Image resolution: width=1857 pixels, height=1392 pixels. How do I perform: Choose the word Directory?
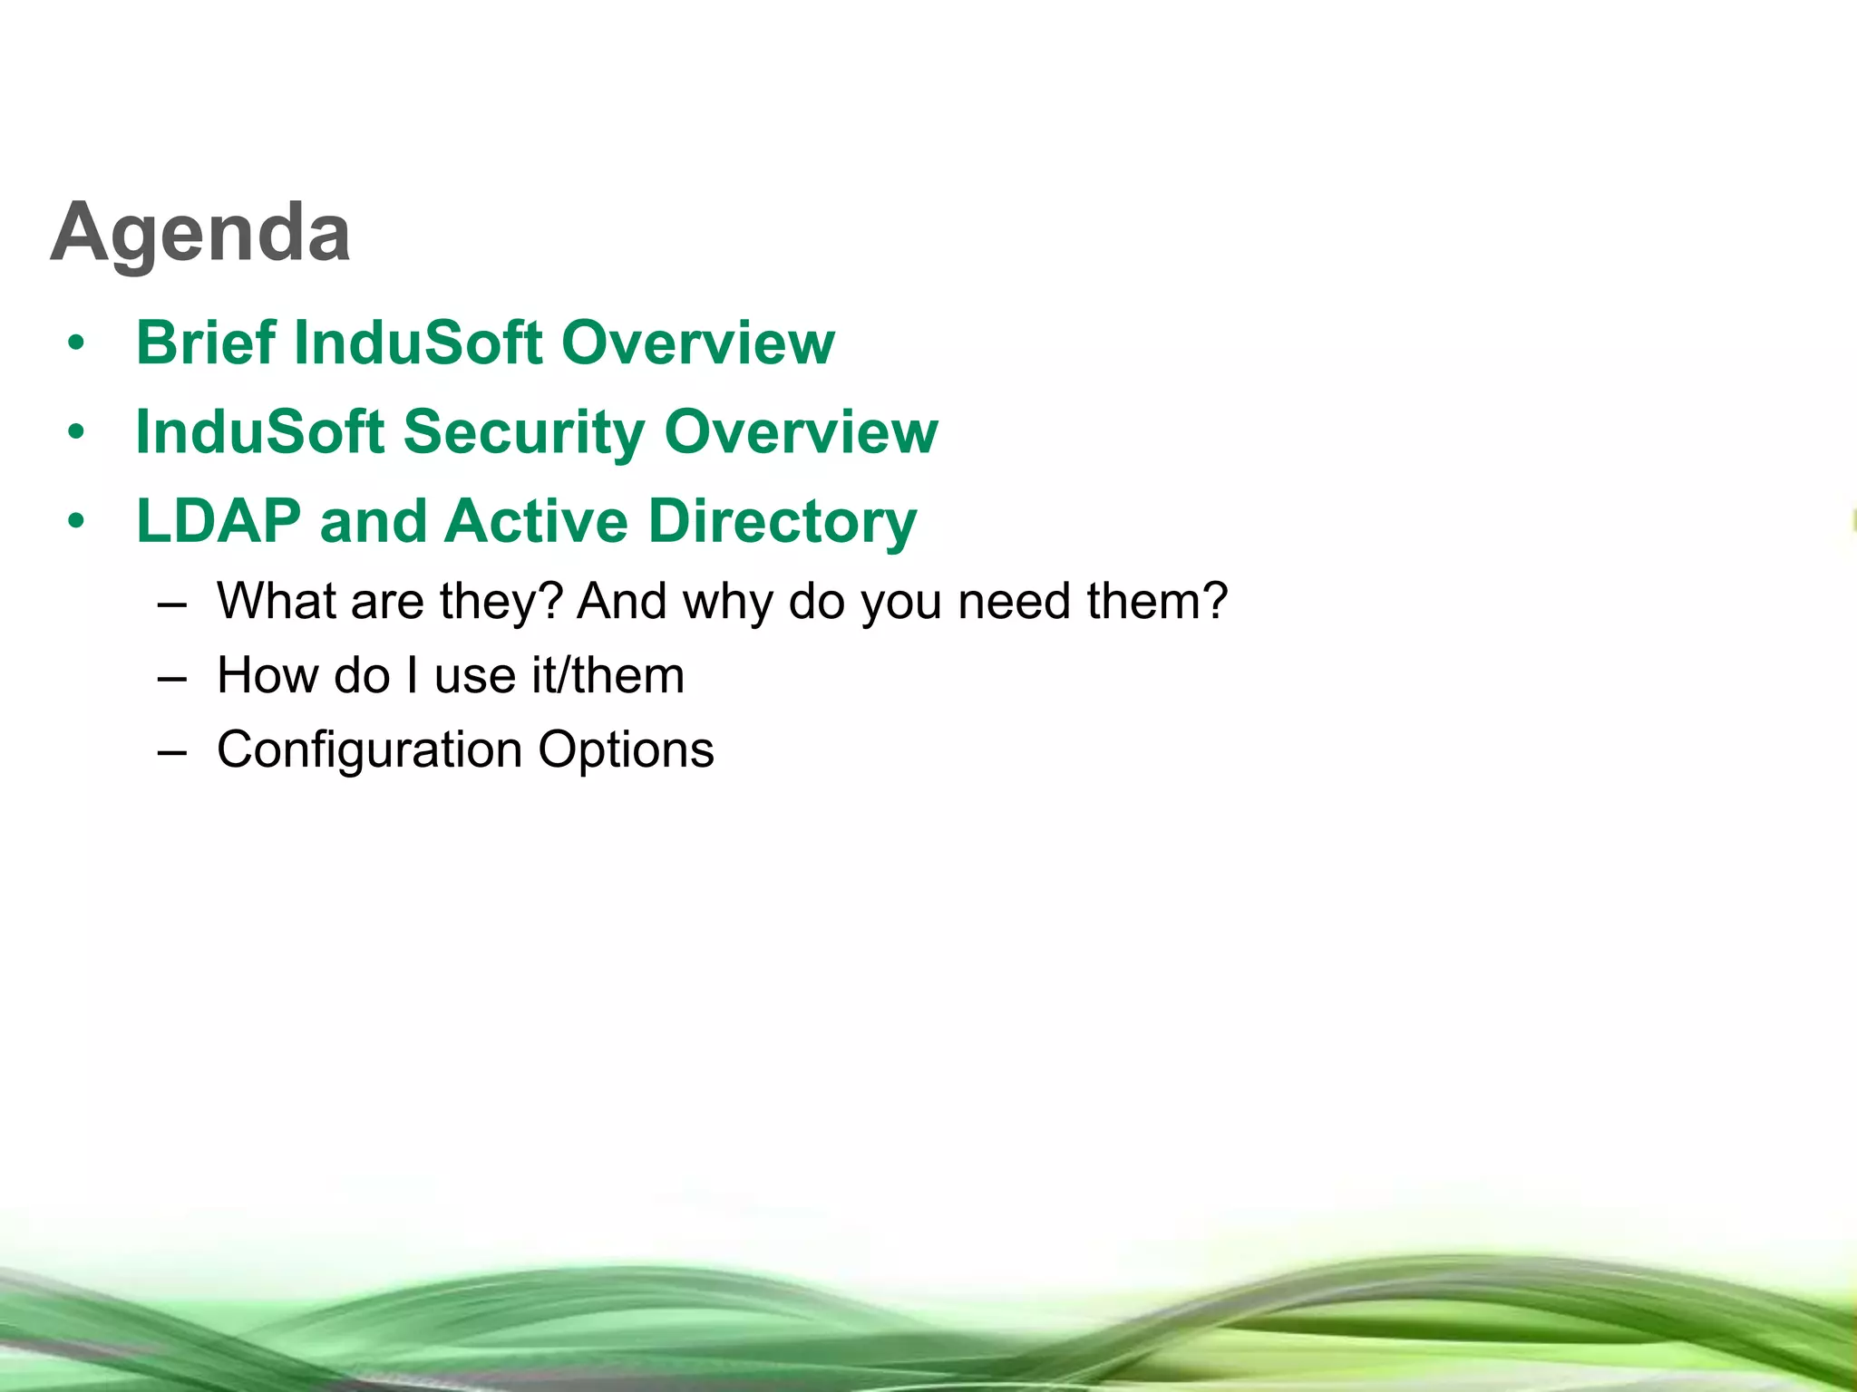[x=783, y=523]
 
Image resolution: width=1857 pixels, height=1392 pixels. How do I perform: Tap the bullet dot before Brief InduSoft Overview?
[x=76, y=344]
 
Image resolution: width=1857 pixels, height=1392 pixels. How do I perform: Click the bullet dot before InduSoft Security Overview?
[x=76, y=433]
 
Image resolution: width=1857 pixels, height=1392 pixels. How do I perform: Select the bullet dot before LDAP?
[x=76, y=523]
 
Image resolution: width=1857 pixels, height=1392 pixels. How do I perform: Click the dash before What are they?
[x=171, y=604]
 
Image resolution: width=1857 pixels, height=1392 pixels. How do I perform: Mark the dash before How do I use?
[x=171, y=678]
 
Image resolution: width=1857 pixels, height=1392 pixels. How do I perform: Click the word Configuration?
[x=369, y=750]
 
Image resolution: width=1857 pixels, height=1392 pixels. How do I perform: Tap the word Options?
[x=626, y=750]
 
